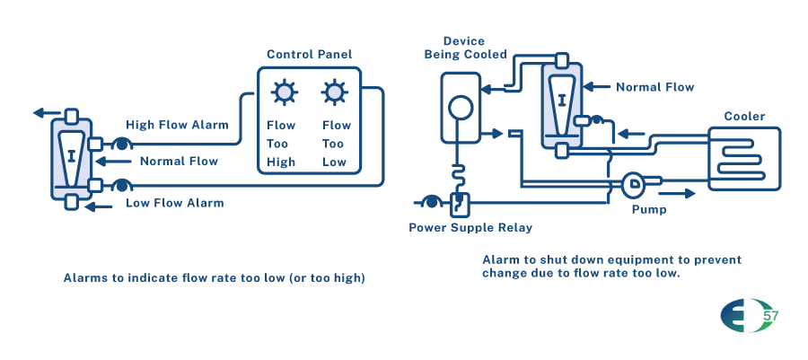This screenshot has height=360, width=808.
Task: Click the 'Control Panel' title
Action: click(310, 55)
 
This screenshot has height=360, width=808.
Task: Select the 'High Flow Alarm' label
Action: click(177, 125)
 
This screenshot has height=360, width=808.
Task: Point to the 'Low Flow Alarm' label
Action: click(174, 203)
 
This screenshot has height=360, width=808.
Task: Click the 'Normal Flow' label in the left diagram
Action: click(179, 162)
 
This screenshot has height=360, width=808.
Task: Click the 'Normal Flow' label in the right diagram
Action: click(654, 87)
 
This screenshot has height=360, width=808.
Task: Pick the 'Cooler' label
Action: click(744, 117)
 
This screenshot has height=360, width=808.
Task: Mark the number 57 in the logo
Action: click(769, 316)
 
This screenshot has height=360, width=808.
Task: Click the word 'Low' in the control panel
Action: click(335, 162)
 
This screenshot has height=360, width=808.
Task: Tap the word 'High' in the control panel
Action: click(282, 162)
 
